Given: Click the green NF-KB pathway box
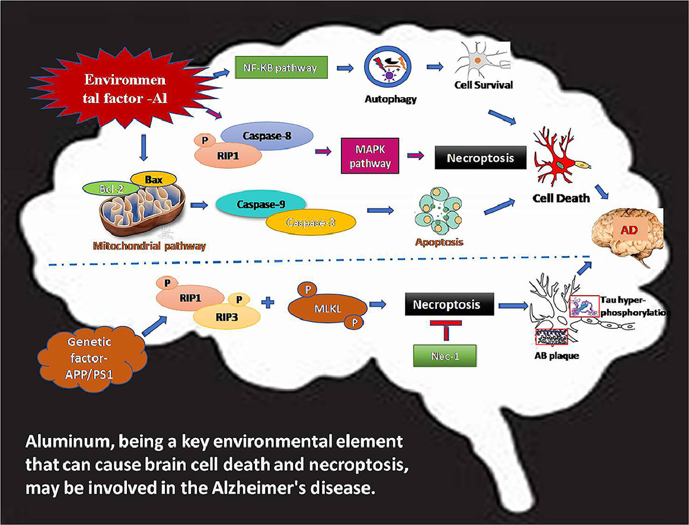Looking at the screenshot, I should tap(280, 68).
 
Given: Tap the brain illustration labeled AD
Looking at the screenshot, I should tap(627, 237).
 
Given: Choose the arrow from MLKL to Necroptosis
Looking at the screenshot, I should tap(378, 305).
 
